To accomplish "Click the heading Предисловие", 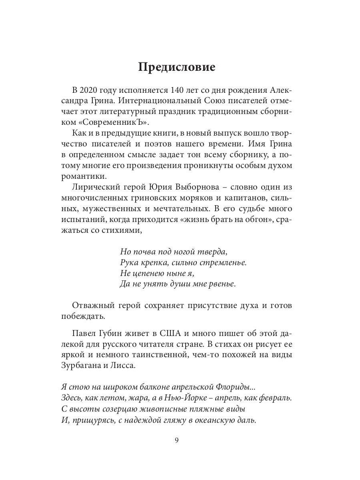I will (x=176, y=67).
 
